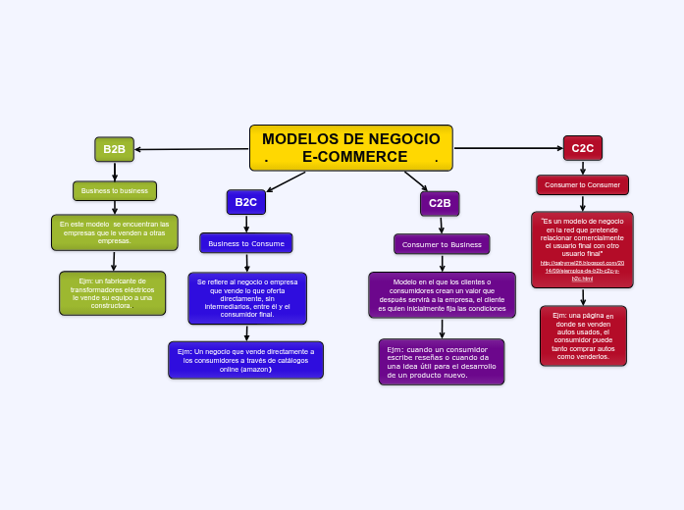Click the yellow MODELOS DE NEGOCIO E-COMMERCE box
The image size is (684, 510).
click(x=351, y=147)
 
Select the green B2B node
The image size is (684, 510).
click(x=115, y=149)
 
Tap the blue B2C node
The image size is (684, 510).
click(x=245, y=202)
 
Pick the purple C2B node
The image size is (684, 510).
click(x=440, y=203)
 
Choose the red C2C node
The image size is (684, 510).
click(x=582, y=148)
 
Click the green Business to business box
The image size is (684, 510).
click(x=115, y=190)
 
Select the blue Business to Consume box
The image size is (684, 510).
click(x=246, y=243)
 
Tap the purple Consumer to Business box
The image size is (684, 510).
click(x=442, y=244)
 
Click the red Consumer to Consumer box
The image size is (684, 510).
click(x=582, y=184)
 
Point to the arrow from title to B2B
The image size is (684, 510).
click(x=191, y=149)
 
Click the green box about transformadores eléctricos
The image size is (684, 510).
click(x=112, y=292)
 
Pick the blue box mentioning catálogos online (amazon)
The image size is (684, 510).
click(x=245, y=360)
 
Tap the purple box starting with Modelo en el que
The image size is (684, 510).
click(x=442, y=294)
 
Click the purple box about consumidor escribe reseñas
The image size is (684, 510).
click(x=442, y=362)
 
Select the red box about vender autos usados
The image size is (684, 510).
click(x=583, y=335)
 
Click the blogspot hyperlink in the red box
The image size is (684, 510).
click(x=582, y=271)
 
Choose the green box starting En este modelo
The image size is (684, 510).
click(x=115, y=232)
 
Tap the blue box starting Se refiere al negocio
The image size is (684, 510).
click(x=246, y=297)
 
